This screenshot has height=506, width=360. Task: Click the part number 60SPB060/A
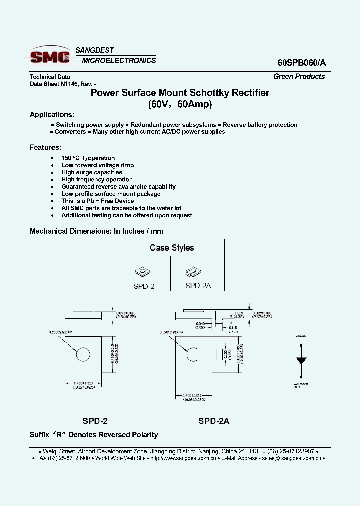[301, 63]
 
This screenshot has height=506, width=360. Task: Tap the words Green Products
[299, 76]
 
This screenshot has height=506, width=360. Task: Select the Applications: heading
[52, 114]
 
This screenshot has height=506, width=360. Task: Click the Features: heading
[45, 147]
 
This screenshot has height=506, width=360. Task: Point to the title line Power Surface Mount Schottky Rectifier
[180, 93]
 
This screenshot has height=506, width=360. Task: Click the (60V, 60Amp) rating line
[180, 104]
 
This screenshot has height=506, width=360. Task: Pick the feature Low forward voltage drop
[97, 165]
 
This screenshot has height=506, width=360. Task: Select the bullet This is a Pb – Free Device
[97, 201]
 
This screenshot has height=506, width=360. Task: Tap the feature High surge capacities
[92, 172]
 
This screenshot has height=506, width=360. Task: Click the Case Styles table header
[172, 248]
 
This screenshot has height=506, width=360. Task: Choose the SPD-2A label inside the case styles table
[198, 286]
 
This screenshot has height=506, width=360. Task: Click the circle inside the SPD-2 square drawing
[83, 354]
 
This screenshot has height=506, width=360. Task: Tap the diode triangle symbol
[301, 361]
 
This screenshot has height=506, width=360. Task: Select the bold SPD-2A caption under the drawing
[214, 421]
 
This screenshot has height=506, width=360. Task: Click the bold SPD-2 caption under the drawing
[95, 421]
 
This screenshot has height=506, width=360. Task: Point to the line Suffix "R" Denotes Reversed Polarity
[94, 435]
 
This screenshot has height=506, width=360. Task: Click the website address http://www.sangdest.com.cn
[183, 458]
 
